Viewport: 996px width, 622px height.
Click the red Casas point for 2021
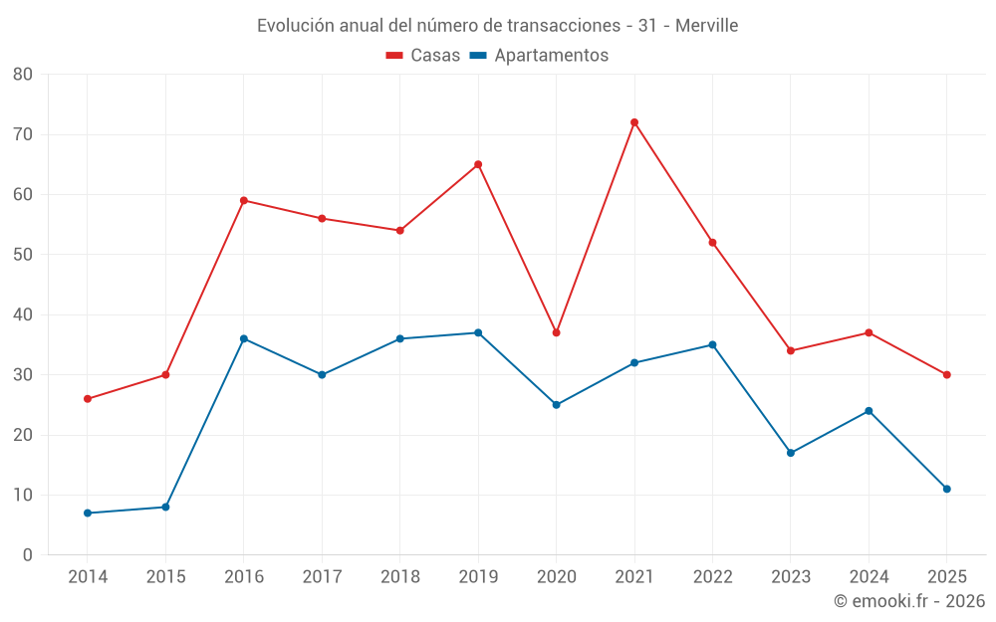tap(633, 122)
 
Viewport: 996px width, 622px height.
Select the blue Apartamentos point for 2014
tap(88, 513)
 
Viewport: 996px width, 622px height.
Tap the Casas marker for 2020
tap(556, 332)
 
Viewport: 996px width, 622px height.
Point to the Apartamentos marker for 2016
tap(244, 338)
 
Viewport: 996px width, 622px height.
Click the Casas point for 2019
tap(478, 164)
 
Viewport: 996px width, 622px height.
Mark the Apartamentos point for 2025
tap(946, 489)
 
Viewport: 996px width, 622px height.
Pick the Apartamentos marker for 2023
tap(791, 453)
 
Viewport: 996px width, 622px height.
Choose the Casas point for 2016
tap(244, 200)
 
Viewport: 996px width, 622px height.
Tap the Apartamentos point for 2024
tap(869, 411)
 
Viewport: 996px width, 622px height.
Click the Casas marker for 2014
tap(88, 399)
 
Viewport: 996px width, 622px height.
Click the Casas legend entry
tap(423, 56)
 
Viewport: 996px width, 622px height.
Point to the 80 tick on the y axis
tap(23, 75)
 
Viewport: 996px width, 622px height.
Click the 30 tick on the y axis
tap(23, 375)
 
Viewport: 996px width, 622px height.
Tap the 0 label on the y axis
tap(28, 555)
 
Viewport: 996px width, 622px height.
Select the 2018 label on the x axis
tap(399, 577)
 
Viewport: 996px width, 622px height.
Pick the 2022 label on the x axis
tap(712, 577)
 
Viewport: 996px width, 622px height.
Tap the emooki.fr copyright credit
tap(908, 601)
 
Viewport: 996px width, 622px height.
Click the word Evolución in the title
tap(295, 26)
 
